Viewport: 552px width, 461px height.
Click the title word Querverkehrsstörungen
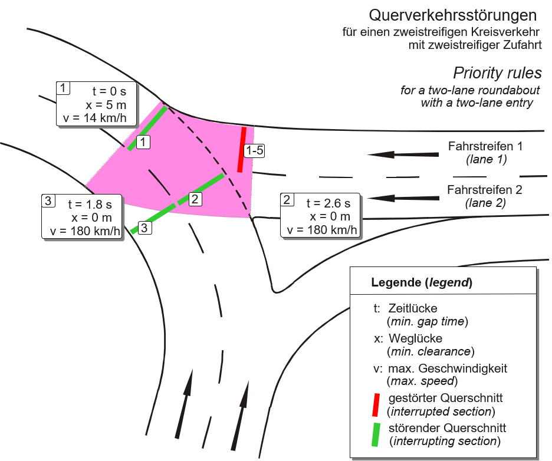[x=453, y=15]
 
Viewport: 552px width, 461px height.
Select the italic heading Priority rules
[x=497, y=73]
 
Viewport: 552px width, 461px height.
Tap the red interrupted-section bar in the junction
[x=242, y=150]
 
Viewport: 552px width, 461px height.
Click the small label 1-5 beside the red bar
[x=255, y=150]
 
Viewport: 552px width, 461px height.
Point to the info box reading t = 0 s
[x=96, y=104]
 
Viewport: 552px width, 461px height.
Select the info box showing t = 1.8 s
[x=81, y=217]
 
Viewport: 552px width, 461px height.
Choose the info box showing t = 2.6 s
[x=320, y=215]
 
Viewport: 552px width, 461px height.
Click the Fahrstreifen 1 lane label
[x=485, y=146]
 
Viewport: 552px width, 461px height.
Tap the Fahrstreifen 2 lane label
[x=484, y=190]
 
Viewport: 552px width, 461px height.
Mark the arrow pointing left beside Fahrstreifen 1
[x=403, y=154]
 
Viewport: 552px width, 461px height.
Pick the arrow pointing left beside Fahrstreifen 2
[x=403, y=198]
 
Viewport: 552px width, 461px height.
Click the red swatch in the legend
[x=376, y=404]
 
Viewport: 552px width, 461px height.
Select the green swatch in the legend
[x=376, y=434]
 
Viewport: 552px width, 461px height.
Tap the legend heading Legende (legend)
[x=422, y=282]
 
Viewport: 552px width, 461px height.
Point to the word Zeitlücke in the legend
[x=413, y=308]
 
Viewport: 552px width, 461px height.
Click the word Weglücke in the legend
[x=415, y=338]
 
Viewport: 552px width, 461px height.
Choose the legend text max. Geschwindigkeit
[x=448, y=368]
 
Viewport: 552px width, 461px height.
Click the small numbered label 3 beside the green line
[x=144, y=228]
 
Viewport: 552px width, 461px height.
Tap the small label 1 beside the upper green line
[x=143, y=142]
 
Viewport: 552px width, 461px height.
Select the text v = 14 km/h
[x=95, y=118]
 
